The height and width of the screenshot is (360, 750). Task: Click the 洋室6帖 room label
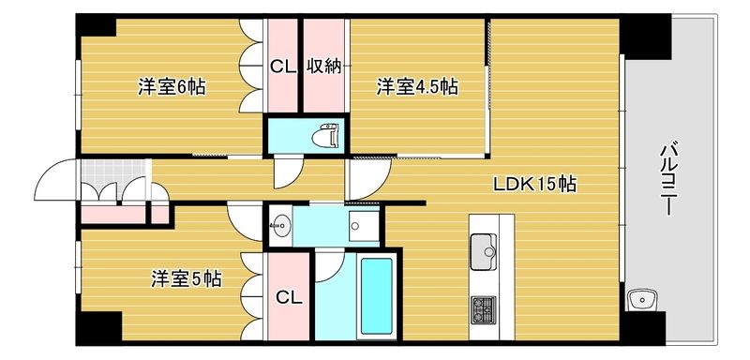pos(172,88)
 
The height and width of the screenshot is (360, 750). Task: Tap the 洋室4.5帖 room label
pos(417,88)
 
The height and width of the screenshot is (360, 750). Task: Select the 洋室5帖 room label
pos(187,278)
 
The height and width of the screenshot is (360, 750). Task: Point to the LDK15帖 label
pos(534,185)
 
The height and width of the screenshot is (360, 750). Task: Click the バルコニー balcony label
pos(667,179)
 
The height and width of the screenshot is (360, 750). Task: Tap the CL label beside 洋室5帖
pos(289,298)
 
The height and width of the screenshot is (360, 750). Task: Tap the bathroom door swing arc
pos(330,265)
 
